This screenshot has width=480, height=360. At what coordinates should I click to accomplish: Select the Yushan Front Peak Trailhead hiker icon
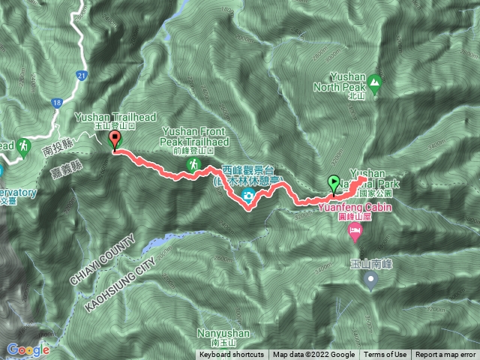(194, 163)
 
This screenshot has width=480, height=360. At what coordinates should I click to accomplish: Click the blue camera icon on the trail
(247, 197)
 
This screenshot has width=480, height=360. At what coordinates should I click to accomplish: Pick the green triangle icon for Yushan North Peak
(374, 82)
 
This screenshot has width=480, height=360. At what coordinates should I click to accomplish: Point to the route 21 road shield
(82, 75)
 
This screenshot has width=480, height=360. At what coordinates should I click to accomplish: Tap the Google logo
(28, 349)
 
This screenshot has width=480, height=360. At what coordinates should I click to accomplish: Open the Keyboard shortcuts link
(232, 355)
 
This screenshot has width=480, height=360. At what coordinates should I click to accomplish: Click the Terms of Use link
(385, 355)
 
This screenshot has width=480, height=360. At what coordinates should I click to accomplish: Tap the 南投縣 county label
(57, 149)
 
